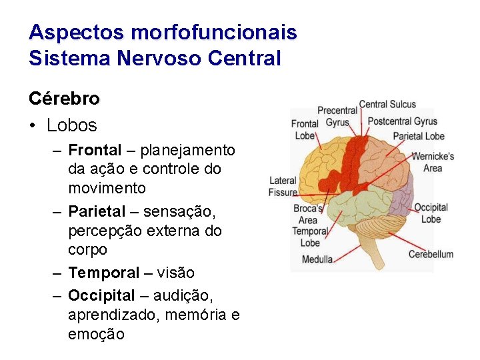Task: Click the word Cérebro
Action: [64, 99]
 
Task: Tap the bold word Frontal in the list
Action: [95, 150]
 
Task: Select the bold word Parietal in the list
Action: [97, 212]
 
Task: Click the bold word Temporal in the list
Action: [104, 273]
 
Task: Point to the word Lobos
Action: [71, 125]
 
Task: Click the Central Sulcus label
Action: [387, 105]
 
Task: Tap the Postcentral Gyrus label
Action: [403, 121]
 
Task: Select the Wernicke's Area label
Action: [433, 162]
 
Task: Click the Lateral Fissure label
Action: [283, 187]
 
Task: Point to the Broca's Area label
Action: [307, 214]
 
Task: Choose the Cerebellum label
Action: [431, 254]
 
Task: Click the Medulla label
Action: [317, 259]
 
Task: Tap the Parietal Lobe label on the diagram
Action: [418, 136]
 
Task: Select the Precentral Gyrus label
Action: [337, 117]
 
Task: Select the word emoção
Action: [96, 334]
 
